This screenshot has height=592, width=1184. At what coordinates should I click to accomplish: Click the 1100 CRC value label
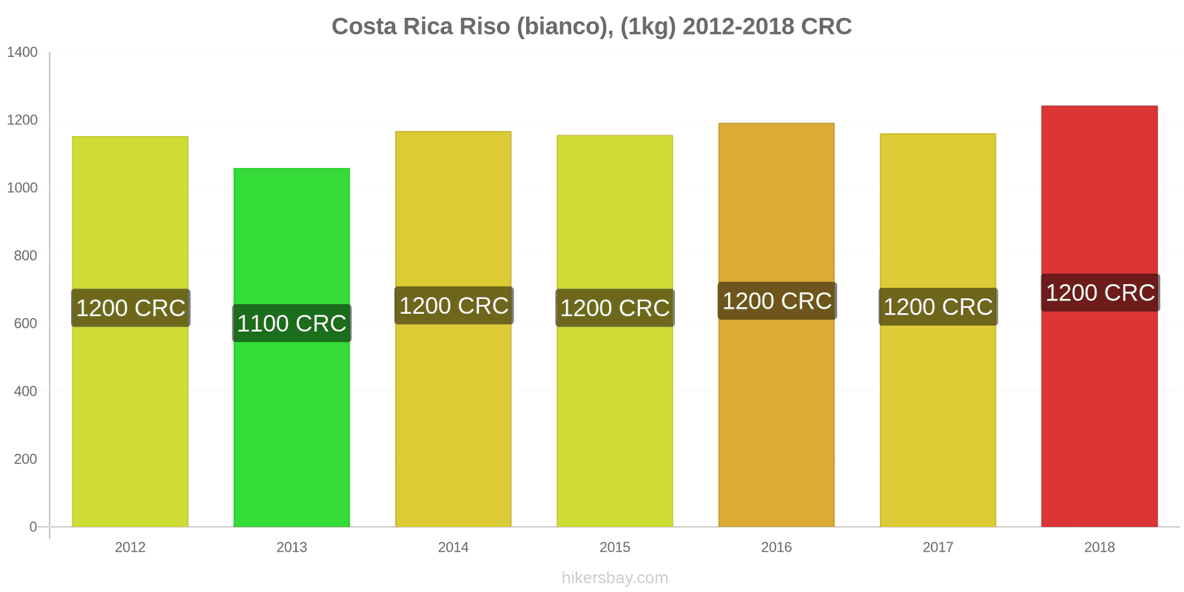[292, 323]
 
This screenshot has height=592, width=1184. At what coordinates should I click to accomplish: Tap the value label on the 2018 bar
[1100, 293]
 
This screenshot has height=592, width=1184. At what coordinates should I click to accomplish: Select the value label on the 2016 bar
[776, 301]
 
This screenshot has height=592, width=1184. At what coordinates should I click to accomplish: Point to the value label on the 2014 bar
[454, 306]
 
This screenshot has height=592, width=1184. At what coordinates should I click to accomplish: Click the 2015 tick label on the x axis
[615, 548]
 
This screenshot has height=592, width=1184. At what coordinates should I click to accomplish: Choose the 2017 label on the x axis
[938, 548]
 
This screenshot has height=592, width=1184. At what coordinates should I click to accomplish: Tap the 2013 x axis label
[292, 548]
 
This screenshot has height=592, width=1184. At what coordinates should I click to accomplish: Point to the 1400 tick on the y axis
[22, 53]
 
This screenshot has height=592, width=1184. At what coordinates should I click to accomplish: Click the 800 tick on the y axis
[25, 256]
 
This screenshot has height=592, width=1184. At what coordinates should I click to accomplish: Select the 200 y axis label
[25, 460]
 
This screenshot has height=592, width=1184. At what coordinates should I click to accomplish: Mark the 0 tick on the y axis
[33, 527]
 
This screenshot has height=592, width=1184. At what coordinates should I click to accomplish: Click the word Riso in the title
[485, 27]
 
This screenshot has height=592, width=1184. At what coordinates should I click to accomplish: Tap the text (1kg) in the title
[647, 27]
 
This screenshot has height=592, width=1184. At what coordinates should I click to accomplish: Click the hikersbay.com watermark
[614, 578]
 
